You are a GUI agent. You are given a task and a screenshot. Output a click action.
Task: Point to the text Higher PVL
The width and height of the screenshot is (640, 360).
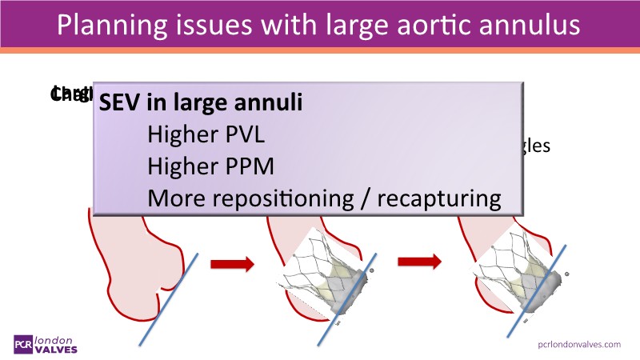206,135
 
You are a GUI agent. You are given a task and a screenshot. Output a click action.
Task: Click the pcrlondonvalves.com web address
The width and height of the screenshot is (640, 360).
580,344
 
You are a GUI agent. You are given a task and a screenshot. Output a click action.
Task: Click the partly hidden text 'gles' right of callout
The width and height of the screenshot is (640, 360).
536,147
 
